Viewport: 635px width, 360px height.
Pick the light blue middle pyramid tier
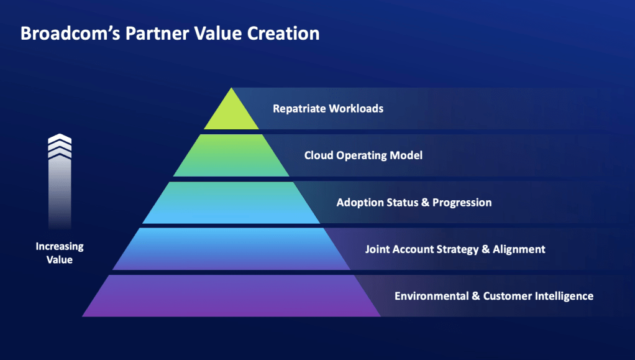pyautogui.click(x=231, y=203)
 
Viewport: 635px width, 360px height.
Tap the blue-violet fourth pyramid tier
pyautogui.click(x=231, y=249)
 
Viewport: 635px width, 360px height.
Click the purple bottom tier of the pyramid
pyautogui.click(x=231, y=296)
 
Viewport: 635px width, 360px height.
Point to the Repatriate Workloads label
pyautogui.click(x=328, y=109)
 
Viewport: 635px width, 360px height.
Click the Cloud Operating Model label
pyautogui.click(x=363, y=155)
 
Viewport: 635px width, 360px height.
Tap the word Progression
pyautogui.click(x=462, y=203)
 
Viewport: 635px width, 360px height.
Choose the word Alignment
pyautogui.click(x=519, y=249)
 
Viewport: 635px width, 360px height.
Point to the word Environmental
pyautogui.click(x=429, y=296)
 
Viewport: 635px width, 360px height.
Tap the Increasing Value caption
pyautogui.click(x=60, y=253)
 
